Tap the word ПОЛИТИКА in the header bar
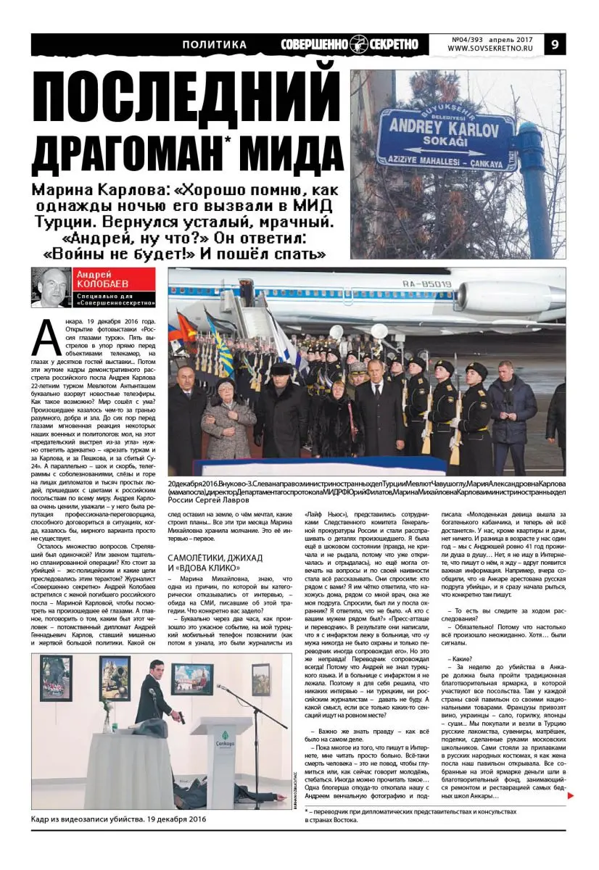tap(214, 45)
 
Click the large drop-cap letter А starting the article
tap(44, 337)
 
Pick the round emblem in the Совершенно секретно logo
tap(359, 44)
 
